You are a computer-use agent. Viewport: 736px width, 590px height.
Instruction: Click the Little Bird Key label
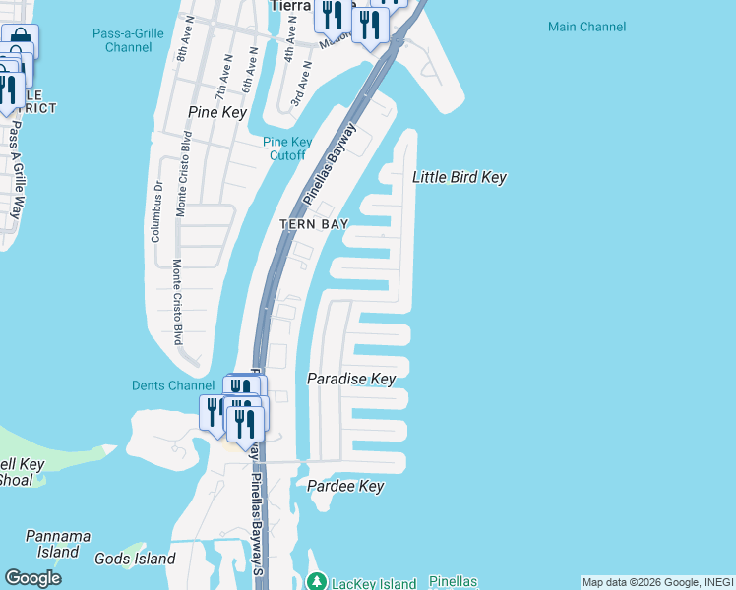point(459,177)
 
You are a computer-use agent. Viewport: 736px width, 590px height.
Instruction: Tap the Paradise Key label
point(351,379)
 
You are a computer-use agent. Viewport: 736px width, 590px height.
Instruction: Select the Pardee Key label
point(344,487)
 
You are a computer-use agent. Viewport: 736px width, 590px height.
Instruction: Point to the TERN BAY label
point(314,224)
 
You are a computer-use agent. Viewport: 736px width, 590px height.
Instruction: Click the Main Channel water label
point(586,27)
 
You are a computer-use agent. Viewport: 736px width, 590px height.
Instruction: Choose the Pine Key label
point(216,112)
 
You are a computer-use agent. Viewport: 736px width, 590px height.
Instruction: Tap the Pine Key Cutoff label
point(285,148)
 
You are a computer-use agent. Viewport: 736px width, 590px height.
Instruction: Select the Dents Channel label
point(173,385)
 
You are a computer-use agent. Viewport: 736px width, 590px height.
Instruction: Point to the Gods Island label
point(135,559)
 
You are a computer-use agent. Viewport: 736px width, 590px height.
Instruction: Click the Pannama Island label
point(58,544)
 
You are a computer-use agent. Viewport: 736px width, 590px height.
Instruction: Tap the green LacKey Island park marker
point(316,582)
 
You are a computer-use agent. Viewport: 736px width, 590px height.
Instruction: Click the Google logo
point(32,578)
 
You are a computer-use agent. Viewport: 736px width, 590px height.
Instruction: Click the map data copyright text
point(657,582)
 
